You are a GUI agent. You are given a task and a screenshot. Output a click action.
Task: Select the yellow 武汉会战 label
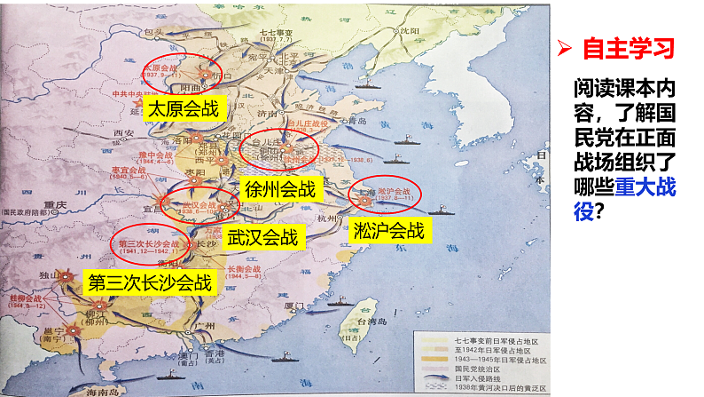click(264, 237)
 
